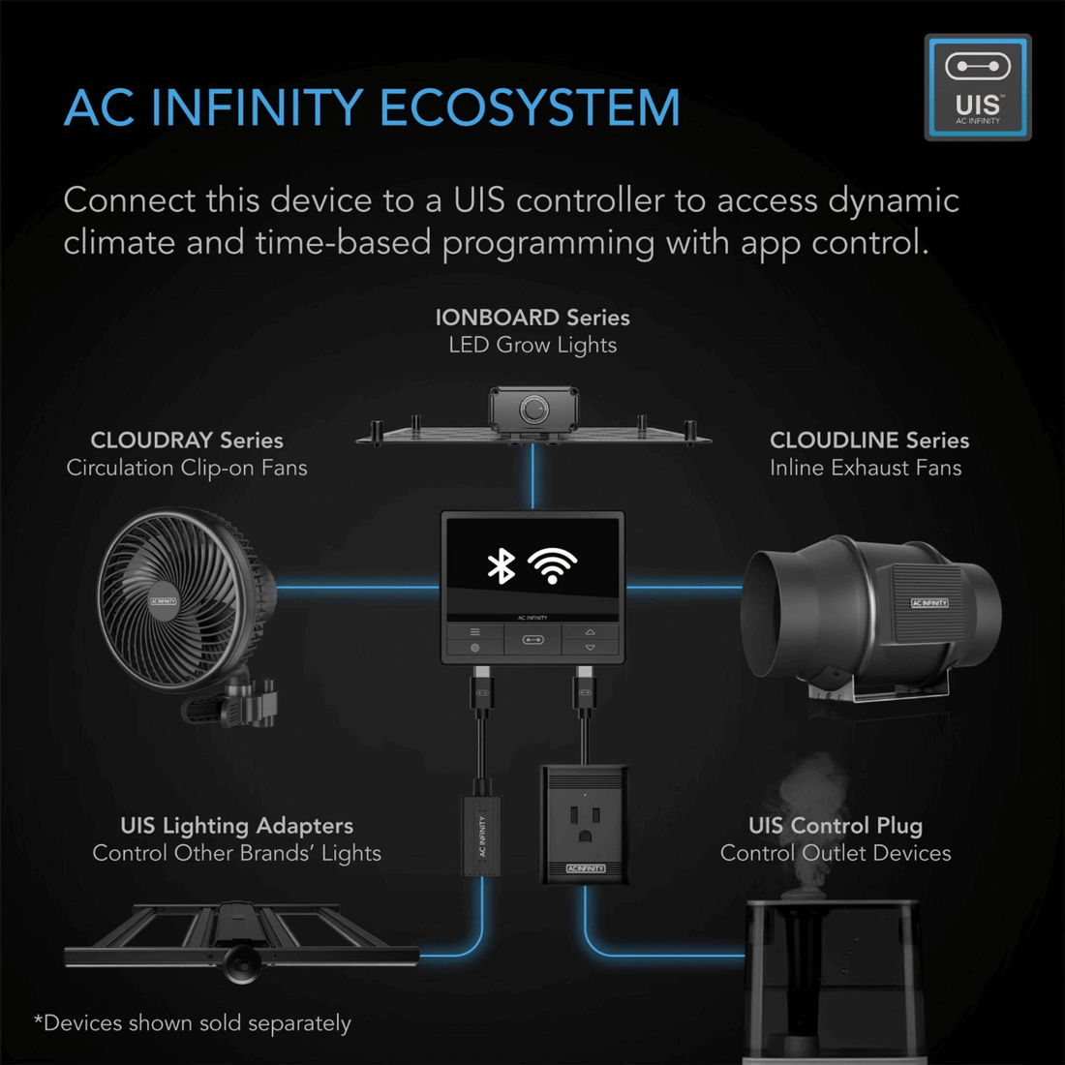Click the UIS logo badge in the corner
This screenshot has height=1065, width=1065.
(977, 87)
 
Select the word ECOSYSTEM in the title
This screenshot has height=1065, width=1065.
(531, 107)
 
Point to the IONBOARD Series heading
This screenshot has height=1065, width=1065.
(532, 318)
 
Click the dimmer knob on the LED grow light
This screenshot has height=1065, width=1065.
(533, 410)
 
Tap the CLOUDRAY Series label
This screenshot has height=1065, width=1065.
(187, 441)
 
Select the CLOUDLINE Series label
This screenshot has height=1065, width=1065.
(868, 441)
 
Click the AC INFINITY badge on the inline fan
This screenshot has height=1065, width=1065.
(929, 603)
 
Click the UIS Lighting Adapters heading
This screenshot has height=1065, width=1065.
(236, 826)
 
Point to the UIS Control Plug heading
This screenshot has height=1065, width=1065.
(835, 826)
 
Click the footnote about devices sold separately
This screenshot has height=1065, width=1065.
(193, 1023)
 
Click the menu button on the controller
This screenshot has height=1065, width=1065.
(474, 632)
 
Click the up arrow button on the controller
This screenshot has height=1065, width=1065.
(590, 632)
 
